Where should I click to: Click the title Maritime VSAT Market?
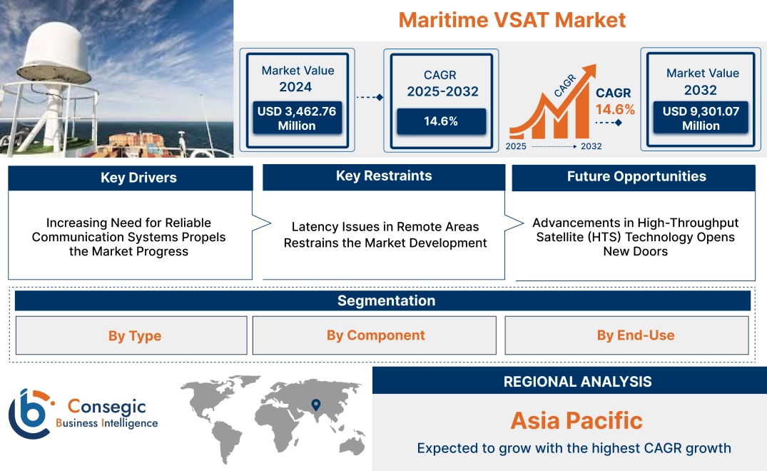pos(512,19)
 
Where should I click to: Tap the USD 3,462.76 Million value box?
pos(296,118)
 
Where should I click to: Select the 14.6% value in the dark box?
pos(441,121)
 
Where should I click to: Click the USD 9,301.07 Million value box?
pos(701,118)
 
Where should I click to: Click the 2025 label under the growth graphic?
pos(517,146)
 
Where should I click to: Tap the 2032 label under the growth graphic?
pos(591,146)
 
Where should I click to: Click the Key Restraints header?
pos(384,176)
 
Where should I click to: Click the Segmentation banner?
pos(386,300)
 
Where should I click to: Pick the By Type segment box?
pos(134,335)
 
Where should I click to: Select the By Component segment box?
pos(375,335)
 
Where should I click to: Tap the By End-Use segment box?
pos(636,335)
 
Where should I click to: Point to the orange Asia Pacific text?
pos(576,420)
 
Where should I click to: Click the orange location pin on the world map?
pos(315,405)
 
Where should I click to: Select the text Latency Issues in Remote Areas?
pos(385,227)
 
